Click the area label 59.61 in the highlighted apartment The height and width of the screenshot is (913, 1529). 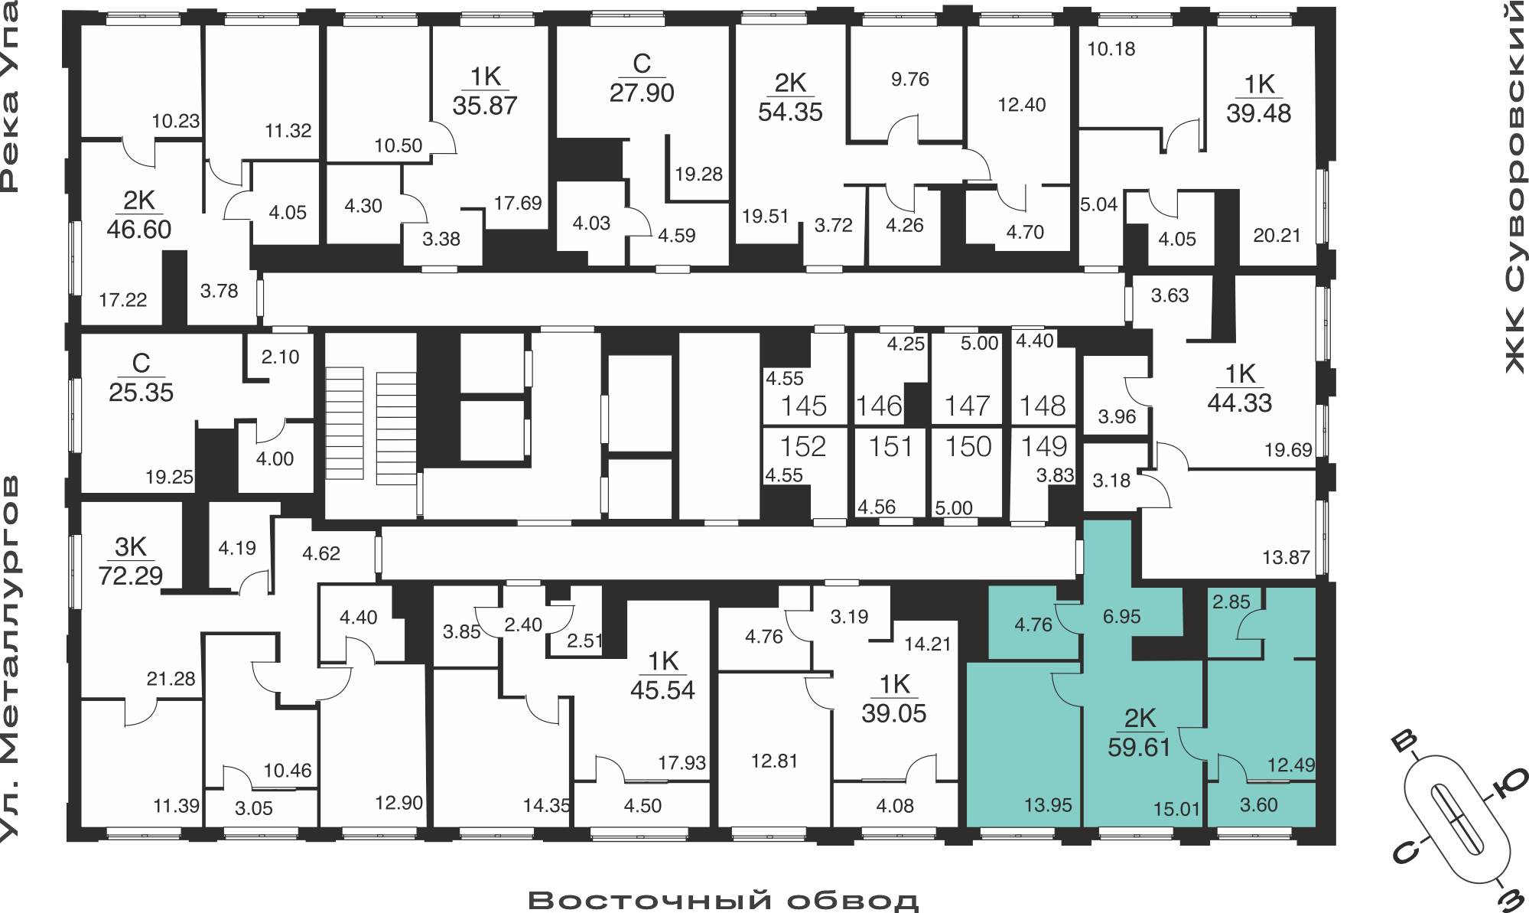coord(1139,747)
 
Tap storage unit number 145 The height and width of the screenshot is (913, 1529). coord(804,406)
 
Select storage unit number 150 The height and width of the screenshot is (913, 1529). coord(968,446)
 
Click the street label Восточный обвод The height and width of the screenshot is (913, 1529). coord(723,900)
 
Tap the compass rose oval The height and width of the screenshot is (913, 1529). coord(1457,817)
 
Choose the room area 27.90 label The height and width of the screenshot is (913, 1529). coord(642,93)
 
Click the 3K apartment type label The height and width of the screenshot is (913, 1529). coord(131,546)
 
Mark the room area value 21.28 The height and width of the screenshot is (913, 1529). coord(171,679)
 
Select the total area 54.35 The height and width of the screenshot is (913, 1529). coord(790,112)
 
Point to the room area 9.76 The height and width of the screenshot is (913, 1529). coord(910,79)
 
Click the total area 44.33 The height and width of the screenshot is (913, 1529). coord(1239,403)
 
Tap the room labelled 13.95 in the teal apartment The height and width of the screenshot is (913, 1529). coord(1048,805)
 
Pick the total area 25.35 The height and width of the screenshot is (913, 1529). coord(141,393)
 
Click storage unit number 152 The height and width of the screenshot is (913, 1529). coord(803,446)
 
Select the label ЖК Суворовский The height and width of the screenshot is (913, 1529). coord(1514,187)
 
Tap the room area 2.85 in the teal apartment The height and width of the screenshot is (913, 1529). coord(1231,602)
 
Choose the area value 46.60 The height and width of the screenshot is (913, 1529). coord(138,229)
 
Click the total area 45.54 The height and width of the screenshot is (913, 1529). coord(662,690)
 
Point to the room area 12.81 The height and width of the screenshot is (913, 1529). coord(774,761)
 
